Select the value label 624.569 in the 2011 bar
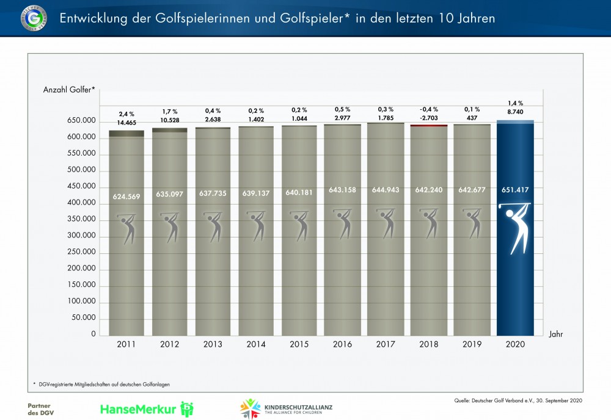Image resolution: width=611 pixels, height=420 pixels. point(127,197)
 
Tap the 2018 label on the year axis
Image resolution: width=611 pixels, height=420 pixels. point(429,345)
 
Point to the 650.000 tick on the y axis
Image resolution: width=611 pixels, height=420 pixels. point(79,121)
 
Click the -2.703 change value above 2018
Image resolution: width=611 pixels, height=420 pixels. point(428,118)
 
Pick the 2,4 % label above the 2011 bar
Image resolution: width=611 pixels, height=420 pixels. point(127,114)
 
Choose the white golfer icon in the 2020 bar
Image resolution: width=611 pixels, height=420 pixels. point(514,227)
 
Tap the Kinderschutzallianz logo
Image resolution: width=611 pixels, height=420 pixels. point(287,408)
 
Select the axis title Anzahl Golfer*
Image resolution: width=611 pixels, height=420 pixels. point(69,90)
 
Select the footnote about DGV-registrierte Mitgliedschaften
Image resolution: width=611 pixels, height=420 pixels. point(104,384)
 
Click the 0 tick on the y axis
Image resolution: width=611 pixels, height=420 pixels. point(93,334)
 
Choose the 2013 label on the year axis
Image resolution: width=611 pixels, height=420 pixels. point(213,345)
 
